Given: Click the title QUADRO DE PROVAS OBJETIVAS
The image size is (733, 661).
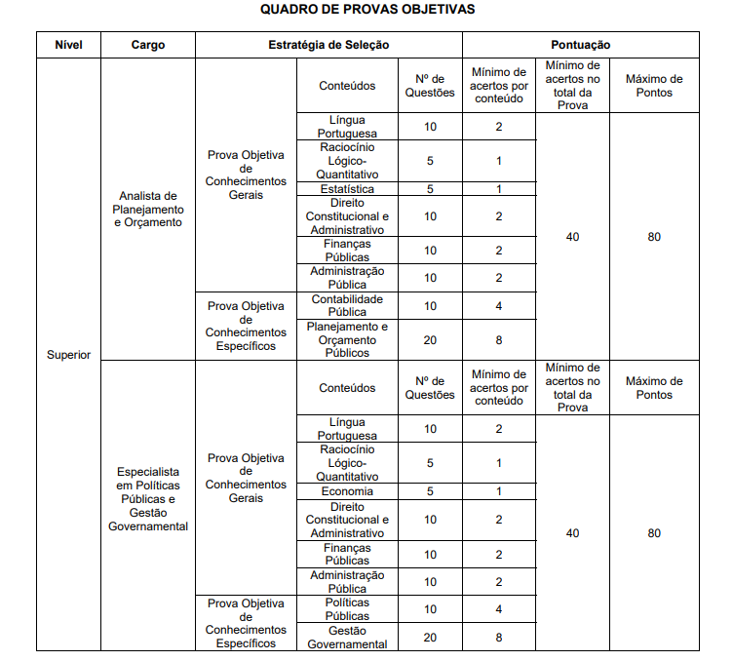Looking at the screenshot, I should tap(367, 10).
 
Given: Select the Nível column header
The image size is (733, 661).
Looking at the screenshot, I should tap(68, 45).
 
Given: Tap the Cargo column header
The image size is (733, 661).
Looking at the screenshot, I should tap(148, 45).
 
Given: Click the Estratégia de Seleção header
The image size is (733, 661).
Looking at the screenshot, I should tap(328, 45).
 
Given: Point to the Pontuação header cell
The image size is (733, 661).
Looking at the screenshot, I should tap(580, 45).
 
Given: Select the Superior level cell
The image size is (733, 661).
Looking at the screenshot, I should tap(68, 354).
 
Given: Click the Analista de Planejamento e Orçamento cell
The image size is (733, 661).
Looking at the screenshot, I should tap(148, 209).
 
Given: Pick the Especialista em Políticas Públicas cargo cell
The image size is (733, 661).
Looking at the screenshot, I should tap(148, 498).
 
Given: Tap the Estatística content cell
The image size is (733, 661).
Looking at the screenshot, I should tap(347, 189).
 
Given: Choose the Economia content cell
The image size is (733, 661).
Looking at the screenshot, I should tap(347, 491).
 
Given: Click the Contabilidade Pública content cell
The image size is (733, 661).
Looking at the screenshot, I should tap(347, 305).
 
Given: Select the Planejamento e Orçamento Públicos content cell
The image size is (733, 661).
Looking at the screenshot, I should tap(347, 339).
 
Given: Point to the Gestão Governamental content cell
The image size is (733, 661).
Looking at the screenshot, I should tap(347, 637).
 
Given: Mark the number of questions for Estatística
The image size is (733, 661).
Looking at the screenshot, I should tap(430, 189).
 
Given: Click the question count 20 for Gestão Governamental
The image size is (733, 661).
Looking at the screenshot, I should tap(430, 637).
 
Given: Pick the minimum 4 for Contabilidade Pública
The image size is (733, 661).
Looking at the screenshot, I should tap(498, 305).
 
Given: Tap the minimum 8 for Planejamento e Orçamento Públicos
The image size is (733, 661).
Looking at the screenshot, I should tap(498, 339).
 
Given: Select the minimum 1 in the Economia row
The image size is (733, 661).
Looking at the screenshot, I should tap(498, 491).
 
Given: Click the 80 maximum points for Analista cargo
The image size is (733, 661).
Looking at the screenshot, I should tap(654, 236).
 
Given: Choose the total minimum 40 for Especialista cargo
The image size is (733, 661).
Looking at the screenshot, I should tap(572, 533).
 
